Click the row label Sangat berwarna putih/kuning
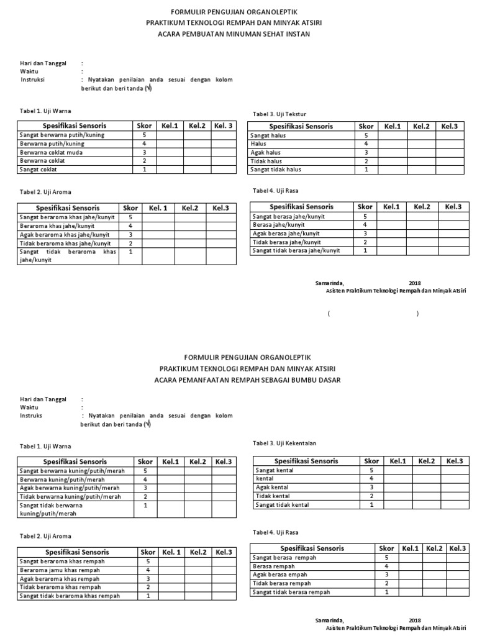[x=61, y=135]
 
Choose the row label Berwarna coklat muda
[x=52, y=152]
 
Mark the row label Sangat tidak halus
[x=276, y=169]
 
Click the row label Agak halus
[x=265, y=152]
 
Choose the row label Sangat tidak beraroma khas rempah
[x=70, y=596]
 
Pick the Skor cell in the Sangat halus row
[x=366, y=135]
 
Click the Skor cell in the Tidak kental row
[x=371, y=496]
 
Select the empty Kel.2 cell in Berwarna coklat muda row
[x=197, y=152]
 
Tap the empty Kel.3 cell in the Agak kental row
[x=455, y=488]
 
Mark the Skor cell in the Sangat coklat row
[x=144, y=169]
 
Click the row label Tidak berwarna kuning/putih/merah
[x=70, y=496]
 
